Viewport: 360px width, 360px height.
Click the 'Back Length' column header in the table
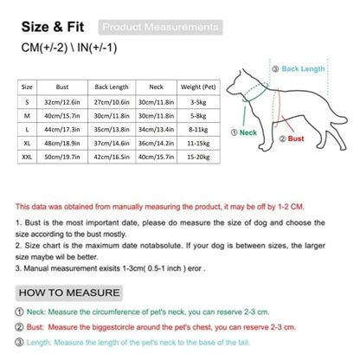pos(112,87)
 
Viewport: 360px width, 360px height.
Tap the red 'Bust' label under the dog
pos(295,138)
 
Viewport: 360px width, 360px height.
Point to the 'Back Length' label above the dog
pos(304,67)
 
